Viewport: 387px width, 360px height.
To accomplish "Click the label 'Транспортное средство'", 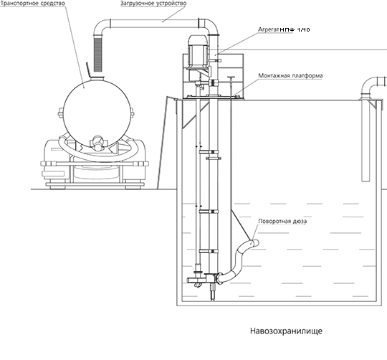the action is tap(33, 3).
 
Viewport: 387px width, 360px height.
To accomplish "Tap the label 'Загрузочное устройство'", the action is tap(153, 3).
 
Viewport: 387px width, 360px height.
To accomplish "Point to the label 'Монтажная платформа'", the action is tap(290, 75).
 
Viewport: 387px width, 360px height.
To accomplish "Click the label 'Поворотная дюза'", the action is tap(282, 221).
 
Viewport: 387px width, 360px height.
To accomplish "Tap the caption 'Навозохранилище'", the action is tap(286, 331).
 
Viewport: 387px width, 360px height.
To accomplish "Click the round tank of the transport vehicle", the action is tap(97, 113).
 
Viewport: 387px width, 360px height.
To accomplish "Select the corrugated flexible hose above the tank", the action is tap(98, 55).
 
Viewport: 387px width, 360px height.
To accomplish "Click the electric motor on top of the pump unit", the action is tap(198, 52).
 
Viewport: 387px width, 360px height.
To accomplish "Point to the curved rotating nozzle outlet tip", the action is tap(255, 242).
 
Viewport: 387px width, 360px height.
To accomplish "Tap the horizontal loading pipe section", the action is tap(155, 23).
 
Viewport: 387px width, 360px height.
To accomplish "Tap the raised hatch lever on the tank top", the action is tap(88, 70).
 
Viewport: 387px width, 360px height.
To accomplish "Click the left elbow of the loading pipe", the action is tap(101, 27).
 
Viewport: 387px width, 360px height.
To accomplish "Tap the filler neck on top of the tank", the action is tap(97, 78).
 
